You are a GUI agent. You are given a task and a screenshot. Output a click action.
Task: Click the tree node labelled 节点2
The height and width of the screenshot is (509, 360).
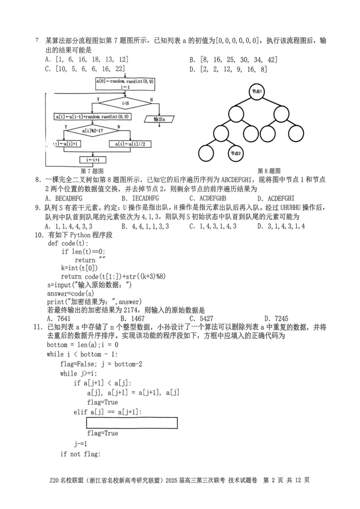[236, 153]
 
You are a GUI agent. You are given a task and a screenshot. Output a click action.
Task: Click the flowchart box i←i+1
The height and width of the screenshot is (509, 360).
[93, 160]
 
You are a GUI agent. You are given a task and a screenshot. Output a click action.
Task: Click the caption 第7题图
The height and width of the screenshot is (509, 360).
[92, 171]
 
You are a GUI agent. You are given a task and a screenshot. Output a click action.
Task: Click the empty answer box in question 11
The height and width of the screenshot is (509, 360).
[131, 423]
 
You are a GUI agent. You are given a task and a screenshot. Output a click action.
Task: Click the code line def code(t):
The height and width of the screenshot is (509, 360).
[68, 243]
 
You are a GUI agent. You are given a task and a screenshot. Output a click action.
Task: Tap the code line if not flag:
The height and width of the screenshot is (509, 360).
[79, 454]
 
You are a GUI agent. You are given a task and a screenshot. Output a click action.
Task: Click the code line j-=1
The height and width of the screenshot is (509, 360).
[81, 443]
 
